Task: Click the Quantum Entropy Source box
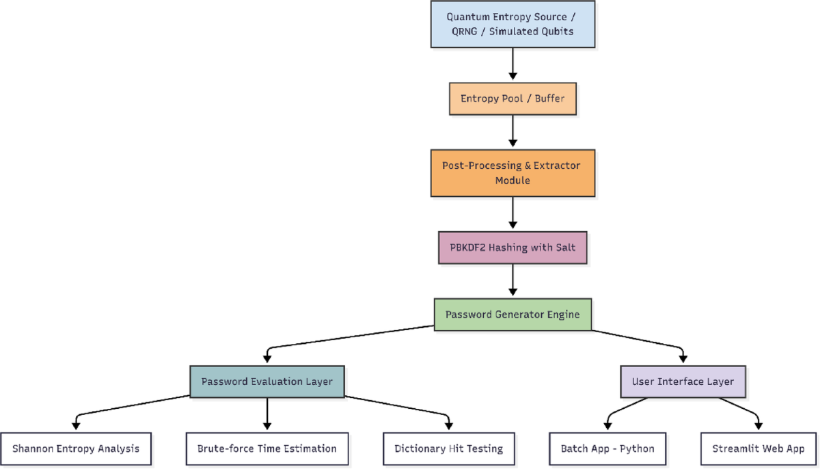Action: coord(512,24)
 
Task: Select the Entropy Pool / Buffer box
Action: coord(512,98)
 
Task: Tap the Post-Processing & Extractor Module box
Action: coord(512,174)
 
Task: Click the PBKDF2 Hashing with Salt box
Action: coord(512,247)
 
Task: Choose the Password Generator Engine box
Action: coord(512,314)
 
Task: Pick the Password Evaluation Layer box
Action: coord(266,381)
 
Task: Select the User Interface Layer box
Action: coord(683,381)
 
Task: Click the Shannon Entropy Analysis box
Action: coord(76,448)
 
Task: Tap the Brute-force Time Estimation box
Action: coord(266,448)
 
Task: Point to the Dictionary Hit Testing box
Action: coord(448,448)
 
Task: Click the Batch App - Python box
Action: coord(607,448)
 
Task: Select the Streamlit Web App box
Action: coord(758,448)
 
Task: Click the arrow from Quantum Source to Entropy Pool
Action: coord(512,65)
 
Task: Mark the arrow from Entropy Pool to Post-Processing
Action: coord(512,133)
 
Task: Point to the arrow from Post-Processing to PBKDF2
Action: coord(512,214)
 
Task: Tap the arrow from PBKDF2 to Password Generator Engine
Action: coord(512,280)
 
